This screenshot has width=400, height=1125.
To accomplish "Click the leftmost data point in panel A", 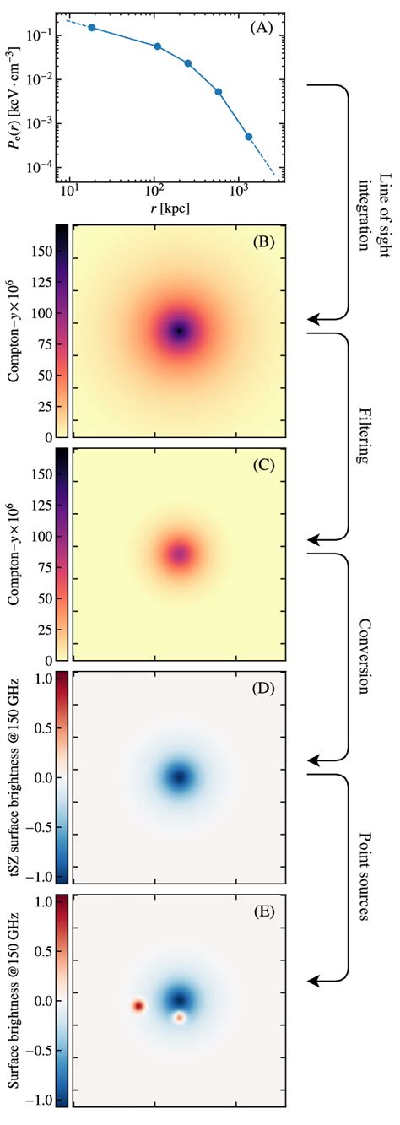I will (x=91, y=28).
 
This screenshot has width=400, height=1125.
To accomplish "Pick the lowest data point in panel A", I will (x=249, y=137).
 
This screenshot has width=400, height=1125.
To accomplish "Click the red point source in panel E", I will (x=138, y=1006).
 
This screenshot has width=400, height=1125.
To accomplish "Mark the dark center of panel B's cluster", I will (x=179, y=331).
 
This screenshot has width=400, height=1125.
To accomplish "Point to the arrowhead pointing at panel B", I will (x=313, y=320).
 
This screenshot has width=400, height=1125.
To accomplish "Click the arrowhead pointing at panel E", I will (x=313, y=980).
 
